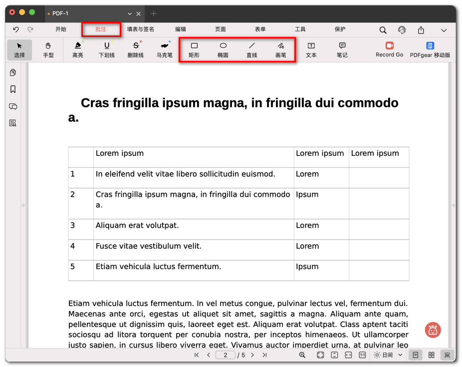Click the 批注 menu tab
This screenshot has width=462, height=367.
[x=101, y=29]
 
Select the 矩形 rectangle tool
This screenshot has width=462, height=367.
[x=194, y=49]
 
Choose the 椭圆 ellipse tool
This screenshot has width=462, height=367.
[x=223, y=49]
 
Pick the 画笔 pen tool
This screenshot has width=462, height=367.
[x=280, y=49]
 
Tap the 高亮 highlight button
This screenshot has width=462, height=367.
[x=78, y=49]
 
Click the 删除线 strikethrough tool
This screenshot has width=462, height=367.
[x=135, y=49]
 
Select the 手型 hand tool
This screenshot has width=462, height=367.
[x=48, y=49]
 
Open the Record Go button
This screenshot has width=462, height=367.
[x=389, y=49]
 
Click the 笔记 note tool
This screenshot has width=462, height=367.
[x=342, y=49]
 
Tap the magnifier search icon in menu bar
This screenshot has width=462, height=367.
[x=383, y=30]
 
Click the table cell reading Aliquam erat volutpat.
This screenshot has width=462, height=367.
[x=137, y=226]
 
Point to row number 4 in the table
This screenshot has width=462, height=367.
[x=73, y=246]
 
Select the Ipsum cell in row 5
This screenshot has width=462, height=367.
[x=307, y=267]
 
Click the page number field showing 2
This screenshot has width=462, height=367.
[x=226, y=355]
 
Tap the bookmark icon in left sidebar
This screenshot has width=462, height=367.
[x=13, y=89]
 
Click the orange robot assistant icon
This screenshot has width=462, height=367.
[x=433, y=330]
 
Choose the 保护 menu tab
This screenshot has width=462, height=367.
[x=340, y=29]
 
